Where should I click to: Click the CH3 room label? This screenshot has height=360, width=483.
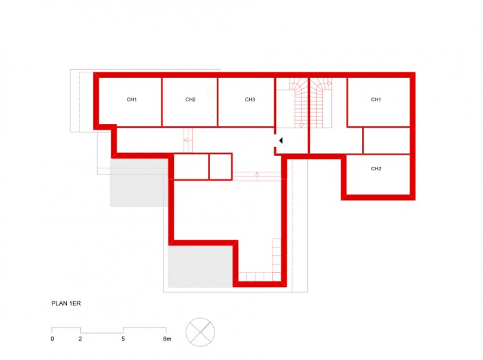[250, 99]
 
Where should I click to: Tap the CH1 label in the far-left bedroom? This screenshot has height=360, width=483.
[132, 99]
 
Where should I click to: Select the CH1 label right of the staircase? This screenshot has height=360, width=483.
[376, 99]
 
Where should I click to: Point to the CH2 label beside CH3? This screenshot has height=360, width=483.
[190, 99]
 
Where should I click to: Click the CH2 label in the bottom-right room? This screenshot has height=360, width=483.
[376, 168]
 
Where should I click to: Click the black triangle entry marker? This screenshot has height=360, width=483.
[281, 141]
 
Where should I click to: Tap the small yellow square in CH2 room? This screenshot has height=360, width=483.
[211, 91]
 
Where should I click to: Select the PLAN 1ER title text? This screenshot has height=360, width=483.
[66, 303]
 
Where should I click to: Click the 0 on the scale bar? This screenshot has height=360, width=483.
[52, 339]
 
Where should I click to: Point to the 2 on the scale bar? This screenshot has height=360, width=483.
[81, 339]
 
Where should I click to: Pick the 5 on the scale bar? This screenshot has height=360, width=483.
[124, 339]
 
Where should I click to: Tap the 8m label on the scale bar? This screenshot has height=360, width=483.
[167, 339]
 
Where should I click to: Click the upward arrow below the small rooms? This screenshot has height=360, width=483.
[257, 176]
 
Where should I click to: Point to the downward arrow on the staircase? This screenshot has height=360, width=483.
[302, 126]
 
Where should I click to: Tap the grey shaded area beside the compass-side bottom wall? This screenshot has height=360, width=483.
[200, 266]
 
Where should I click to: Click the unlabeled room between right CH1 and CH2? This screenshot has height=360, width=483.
[386, 141]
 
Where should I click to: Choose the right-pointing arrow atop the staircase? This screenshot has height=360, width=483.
[329, 83]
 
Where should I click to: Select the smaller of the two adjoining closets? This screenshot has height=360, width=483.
[220, 166]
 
